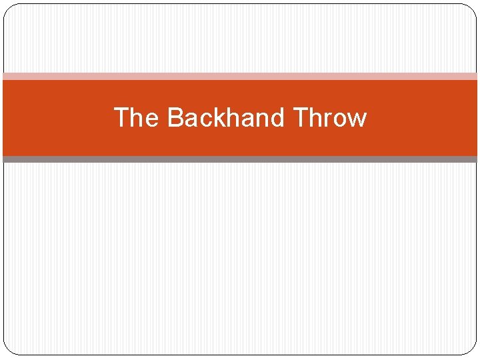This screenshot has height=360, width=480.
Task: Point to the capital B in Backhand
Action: [x=175, y=118]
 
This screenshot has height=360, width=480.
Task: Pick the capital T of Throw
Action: [x=300, y=118]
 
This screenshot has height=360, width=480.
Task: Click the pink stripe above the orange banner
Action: [x=240, y=76]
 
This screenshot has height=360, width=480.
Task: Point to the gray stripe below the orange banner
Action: [x=240, y=159]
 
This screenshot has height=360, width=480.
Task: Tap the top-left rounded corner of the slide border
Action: [x=9, y=9]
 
